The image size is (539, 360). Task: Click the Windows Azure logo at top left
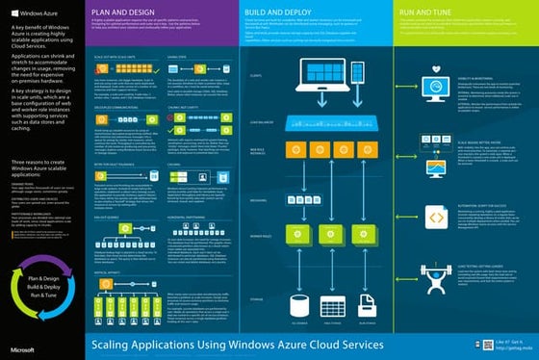(x=29, y=14)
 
